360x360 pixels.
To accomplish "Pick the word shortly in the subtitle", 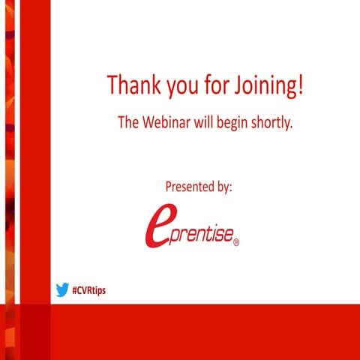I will tap(268, 124).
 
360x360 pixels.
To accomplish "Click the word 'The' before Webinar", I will tap(127, 123).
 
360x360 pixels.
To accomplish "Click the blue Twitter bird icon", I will tap(62, 289).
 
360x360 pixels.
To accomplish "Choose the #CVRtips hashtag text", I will tap(89, 290).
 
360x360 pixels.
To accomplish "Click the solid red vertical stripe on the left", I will tap(34, 150).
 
